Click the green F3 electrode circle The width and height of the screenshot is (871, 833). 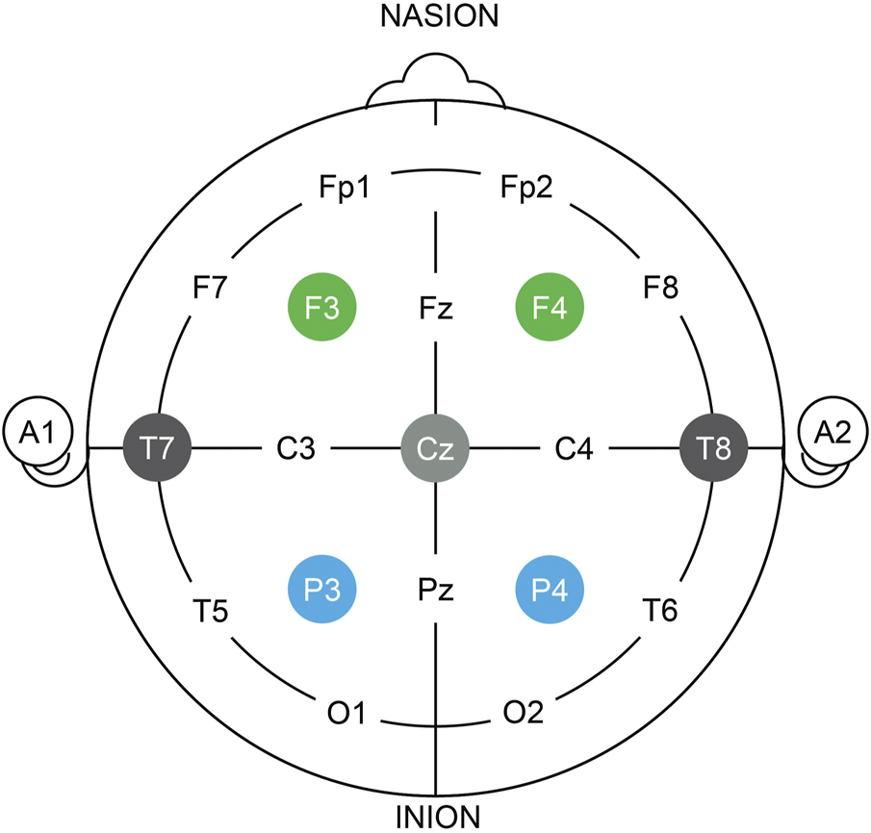tap(322, 309)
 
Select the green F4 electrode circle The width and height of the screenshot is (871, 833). tap(551, 309)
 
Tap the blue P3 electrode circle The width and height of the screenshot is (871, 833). tap(322, 587)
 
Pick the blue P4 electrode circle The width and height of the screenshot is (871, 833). tap(551, 587)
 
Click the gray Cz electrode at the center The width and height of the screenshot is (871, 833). tap(436, 448)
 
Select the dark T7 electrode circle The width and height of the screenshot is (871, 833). tap(158, 448)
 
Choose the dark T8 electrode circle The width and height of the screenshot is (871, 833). tap(714, 448)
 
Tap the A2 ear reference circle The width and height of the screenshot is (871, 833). tap(836, 434)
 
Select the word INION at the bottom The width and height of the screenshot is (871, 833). tap(436, 818)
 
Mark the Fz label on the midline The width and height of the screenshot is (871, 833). tap(436, 309)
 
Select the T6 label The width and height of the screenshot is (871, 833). tap(662, 610)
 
